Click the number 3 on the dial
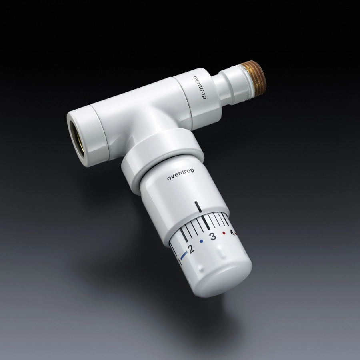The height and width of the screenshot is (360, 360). tap(213, 236)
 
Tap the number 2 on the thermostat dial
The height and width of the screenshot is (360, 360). tap(190, 249)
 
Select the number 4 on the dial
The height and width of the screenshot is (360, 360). tap(232, 233)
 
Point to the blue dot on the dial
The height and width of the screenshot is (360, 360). tap(202, 241)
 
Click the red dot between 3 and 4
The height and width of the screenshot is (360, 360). tap(224, 233)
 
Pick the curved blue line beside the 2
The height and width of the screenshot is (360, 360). tap(184, 255)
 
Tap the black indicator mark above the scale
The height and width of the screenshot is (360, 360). tap(198, 207)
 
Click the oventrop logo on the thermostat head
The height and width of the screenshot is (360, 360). tap(180, 174)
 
